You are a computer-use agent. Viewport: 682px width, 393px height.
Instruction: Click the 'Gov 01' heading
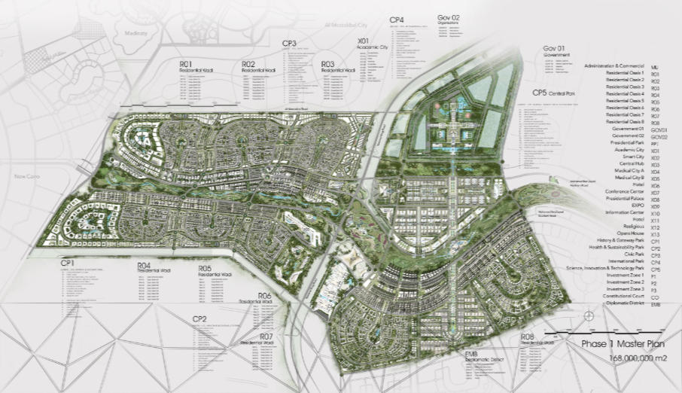pos(553,48)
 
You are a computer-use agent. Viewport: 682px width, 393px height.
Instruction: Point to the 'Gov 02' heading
pos(448,17)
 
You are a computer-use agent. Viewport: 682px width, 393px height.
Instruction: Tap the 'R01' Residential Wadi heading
pos(187,64)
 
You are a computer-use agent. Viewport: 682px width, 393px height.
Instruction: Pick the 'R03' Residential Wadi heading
pos(328,64)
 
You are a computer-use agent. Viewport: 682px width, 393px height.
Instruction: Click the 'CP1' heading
pos(70,262)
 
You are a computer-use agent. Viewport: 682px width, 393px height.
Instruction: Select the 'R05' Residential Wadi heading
pos(206,268)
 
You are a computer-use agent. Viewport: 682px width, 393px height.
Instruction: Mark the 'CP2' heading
pos(199,319)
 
